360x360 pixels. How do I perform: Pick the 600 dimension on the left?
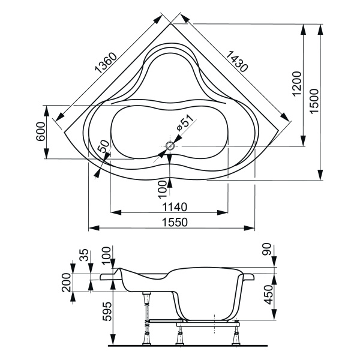coord(40,132)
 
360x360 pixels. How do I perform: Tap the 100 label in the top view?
coord(162,188)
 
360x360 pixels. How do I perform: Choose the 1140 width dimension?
coord(170,207)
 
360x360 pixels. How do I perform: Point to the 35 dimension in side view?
coord(84,254)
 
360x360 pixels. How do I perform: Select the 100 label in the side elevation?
coord(107,255)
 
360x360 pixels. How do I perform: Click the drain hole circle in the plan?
coord(170,145)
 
